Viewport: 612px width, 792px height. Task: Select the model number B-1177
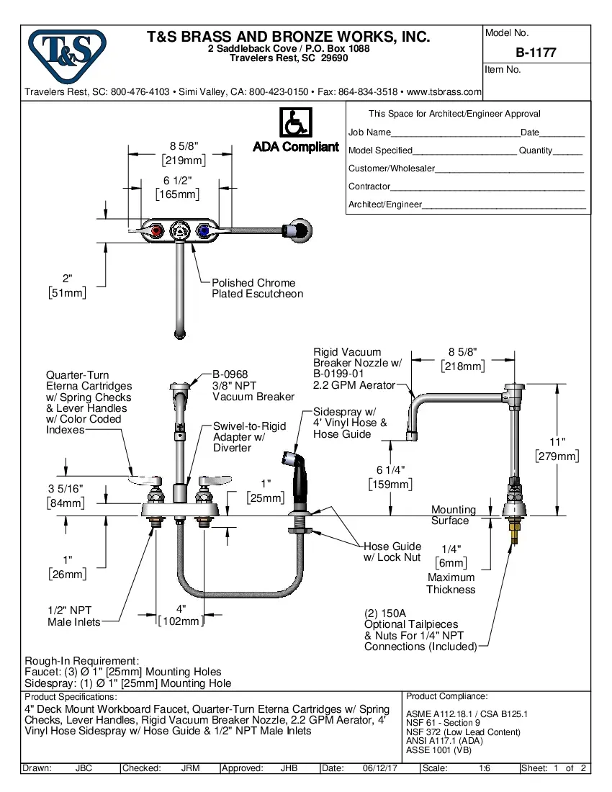click(536, 53)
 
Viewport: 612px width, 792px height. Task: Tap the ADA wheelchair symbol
click(295, 122)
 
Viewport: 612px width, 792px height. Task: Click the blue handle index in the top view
click(204, 231)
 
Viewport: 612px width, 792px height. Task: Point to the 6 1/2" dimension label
click(177, 187)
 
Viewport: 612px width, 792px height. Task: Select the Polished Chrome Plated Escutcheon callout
click(257, 288)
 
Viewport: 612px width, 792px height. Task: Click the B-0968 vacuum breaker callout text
click(253, 385)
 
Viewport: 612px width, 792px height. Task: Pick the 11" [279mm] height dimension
click(557, 449)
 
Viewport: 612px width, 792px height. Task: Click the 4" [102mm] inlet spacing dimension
click(181, 614)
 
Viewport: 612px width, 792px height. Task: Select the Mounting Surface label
click(453, 515)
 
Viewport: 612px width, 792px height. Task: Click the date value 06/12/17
click(380, 768)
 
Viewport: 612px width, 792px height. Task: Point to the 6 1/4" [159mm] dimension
click(390, 477)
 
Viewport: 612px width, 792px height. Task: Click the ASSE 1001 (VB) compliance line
click(439, 750)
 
